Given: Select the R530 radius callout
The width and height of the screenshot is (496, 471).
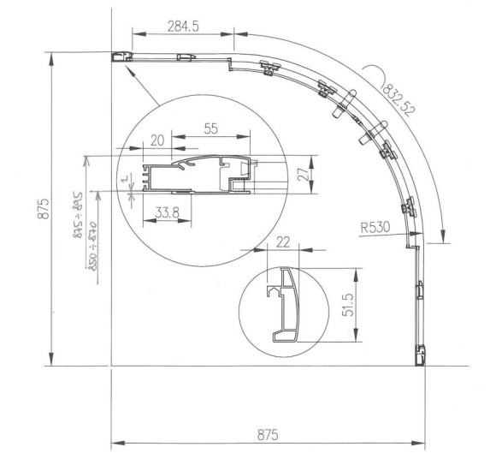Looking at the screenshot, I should point(376,228).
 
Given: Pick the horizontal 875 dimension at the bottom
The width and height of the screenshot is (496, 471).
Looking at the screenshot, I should point(269,434).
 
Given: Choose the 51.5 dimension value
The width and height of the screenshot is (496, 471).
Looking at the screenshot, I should point(347,307).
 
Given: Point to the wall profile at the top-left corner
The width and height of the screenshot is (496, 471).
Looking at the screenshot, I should point(121,57).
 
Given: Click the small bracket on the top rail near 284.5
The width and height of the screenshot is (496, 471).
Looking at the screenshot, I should point(183,57).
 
